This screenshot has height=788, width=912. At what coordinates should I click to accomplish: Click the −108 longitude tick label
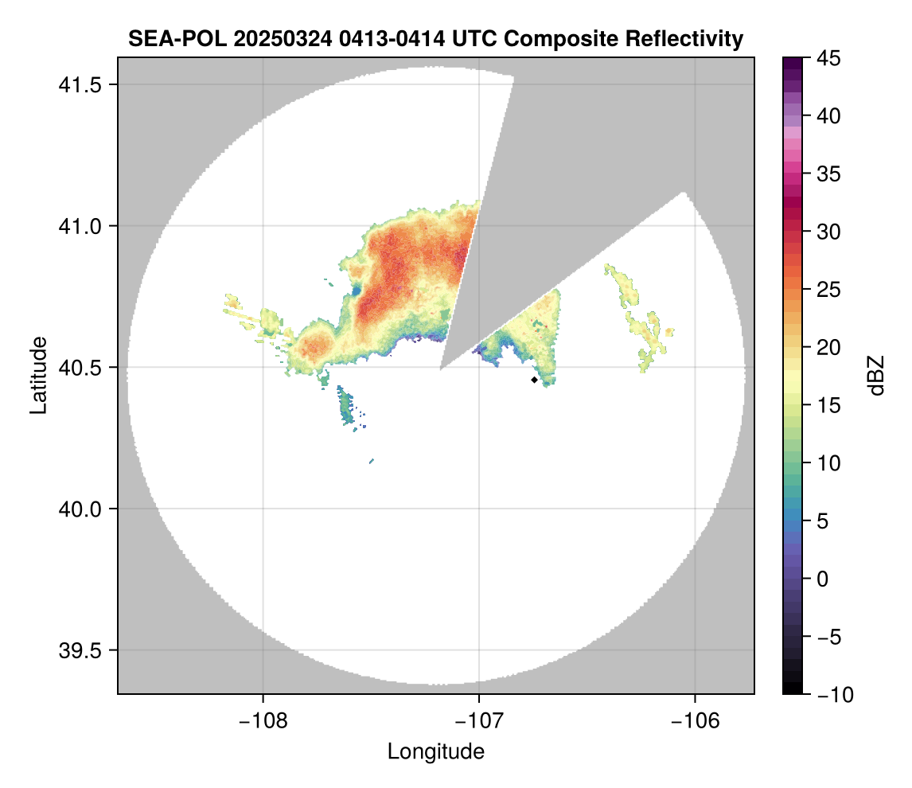pos(262,721)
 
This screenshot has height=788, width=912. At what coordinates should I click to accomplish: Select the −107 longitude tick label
pos(479,721)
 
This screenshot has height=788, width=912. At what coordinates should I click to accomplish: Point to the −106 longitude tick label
pos(696,721)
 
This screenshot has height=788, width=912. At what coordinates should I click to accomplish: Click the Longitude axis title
pos(436,751)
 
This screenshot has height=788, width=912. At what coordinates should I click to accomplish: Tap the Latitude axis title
pos(38,375)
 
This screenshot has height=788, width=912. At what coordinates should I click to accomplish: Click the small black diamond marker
pos(534,380)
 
